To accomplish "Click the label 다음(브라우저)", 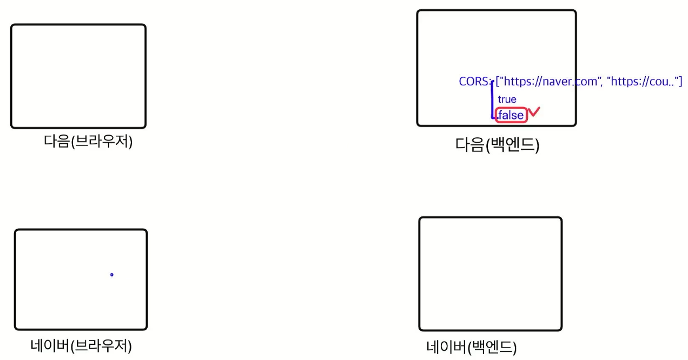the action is point(88,142).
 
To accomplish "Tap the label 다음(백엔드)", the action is point(497,145).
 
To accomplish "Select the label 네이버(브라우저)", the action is point(82,345).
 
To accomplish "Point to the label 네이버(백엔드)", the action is point(472,346).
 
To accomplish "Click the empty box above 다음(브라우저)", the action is point(78,76).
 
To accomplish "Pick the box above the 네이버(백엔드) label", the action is point(490,274).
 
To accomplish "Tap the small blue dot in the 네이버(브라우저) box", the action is point(112,275).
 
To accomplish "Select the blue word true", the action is point(507,99).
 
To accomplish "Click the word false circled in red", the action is point(511,115).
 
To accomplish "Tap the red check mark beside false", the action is point(534,112).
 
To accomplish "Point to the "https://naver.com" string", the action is point(552,82).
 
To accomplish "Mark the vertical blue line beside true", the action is point(492,100).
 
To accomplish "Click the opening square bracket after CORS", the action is point(497,82).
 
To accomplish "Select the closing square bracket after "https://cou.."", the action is point(680,82).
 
